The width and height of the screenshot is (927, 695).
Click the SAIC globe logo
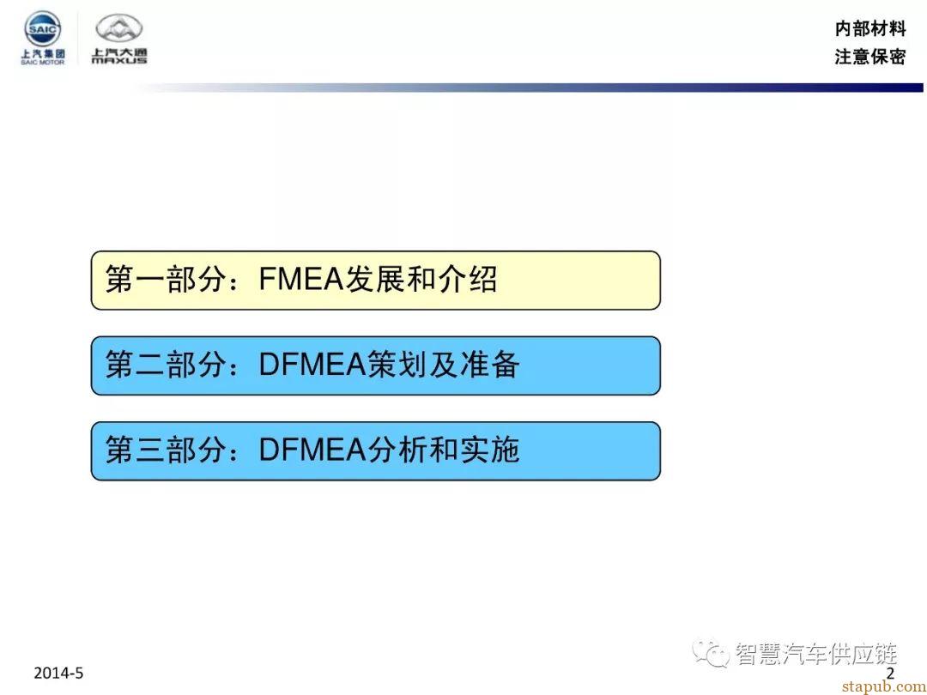coord(42,28)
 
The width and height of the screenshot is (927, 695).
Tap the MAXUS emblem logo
coord(119,29)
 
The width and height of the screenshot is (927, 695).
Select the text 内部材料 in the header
coord(870,28)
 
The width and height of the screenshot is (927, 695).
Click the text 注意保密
coord(870,57)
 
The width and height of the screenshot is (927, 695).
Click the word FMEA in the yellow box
coord(301,280)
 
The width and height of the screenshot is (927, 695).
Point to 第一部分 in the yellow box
coord(167,280)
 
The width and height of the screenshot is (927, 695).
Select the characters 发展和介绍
coord(421,280)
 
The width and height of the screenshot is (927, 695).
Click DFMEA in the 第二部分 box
coord(312,365)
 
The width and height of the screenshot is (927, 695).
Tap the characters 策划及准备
coord(444,365)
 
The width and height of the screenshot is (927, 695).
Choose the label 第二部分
coord(167,365)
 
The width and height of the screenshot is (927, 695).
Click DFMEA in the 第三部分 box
coord(312,450)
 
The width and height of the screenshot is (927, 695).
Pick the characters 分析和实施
coord(444,450)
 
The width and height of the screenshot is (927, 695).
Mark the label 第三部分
coord(167,450)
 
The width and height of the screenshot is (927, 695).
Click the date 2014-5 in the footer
coord(58,674)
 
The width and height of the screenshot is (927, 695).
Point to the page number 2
coord(890,674)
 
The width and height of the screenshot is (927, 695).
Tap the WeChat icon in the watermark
coord(711,653)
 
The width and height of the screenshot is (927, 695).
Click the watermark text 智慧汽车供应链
coord(816,654)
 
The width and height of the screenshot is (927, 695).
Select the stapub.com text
coord(884,686)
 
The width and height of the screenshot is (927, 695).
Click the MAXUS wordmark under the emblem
coord(119,60)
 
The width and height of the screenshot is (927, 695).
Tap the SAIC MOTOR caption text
coord(43,62)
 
